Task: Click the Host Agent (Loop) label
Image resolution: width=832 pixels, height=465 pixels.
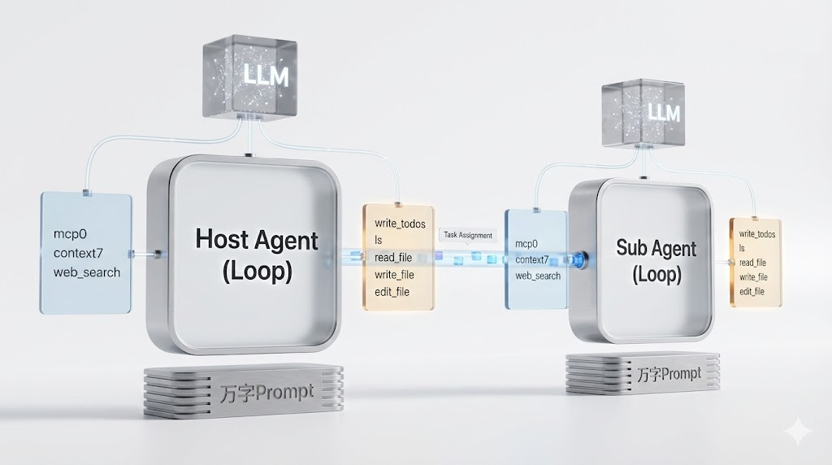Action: (x=257, y=254)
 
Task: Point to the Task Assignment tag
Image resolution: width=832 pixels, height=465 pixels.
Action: (x=467, y=235)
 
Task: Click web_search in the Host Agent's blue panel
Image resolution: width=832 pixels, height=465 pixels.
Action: (x=87, y=272)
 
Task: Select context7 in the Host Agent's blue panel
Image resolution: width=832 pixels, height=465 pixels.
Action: (x=80, y=253)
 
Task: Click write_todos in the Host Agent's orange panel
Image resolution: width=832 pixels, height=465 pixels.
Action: (x=400, y=223)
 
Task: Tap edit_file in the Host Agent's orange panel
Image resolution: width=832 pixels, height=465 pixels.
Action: (x=392, y=291)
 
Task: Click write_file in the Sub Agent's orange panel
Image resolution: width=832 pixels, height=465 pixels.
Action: (x=752, y=276)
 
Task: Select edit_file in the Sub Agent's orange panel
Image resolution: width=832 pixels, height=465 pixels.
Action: (x=752, y=291)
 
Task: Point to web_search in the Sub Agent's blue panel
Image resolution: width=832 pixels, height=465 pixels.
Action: (x=538, y=276)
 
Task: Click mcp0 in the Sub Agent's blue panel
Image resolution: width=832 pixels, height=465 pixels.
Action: (x=526, y=243)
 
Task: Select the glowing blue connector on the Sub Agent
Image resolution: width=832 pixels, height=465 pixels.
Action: (x=578, y=259)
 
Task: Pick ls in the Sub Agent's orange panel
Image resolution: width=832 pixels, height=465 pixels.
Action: (x=742, y=248)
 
